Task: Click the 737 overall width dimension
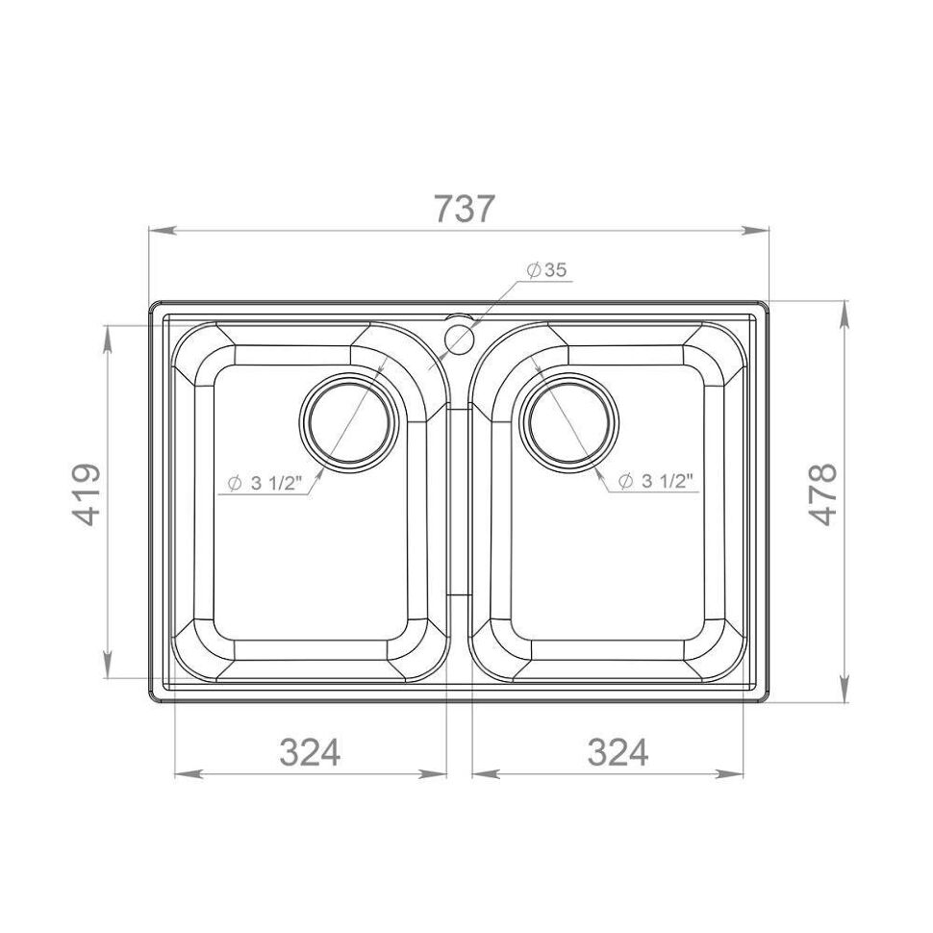[x=465, y=209]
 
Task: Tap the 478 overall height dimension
[x=824, y=494]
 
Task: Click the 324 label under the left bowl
[x=310, y=752]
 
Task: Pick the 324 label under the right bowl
[x=618, y=752]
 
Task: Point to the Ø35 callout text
[x=547, y=270]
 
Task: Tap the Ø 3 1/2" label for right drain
[x=656, y=481]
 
